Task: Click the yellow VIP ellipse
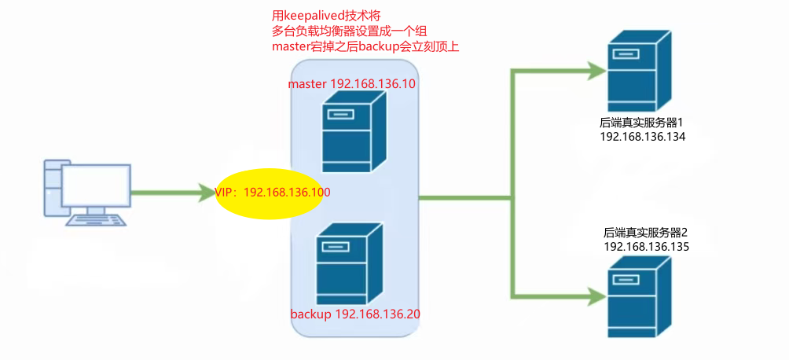[x=270, y=192]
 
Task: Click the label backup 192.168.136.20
[x=355, y=314]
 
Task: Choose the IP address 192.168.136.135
[x=646, y=246]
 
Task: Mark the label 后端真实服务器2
[x=646, y=233]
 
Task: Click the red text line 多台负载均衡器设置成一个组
[x=349, y=31]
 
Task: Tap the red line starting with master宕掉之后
[x=365, y=47]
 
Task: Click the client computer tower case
[x=52, y=188]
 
